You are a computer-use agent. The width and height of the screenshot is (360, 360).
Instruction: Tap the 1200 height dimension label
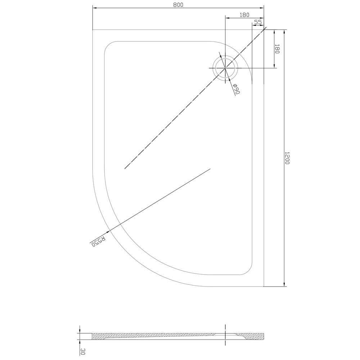(x=287, y=158)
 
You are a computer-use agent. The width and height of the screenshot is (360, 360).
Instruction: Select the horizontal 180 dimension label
(x=244, y=15)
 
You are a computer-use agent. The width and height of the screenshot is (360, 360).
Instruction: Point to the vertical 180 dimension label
(x=277, y=49)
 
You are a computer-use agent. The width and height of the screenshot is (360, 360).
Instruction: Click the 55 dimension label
(x=257, y=22)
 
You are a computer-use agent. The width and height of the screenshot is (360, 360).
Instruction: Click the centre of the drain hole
(x=225, y=68)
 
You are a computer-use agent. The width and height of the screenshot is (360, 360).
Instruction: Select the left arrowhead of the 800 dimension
(x=94, y=8)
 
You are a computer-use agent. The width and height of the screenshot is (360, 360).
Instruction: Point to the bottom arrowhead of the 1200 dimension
(x=284, y=285)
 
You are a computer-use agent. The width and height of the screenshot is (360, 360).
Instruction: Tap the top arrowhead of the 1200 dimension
(x=284, y=31)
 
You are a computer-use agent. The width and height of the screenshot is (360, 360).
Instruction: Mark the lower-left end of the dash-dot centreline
(x=125, y=168)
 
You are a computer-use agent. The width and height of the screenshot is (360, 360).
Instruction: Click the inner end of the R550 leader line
(x=210, y=168)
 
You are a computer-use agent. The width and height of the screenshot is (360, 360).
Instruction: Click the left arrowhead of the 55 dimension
(x=253, y=25)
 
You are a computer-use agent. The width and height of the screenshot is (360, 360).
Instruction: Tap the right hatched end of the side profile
(x=258, y=337)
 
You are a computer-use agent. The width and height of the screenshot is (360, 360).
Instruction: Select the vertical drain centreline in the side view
(x=225, y=335)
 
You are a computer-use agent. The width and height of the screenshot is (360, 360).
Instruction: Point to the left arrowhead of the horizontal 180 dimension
(x=227, y=17)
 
